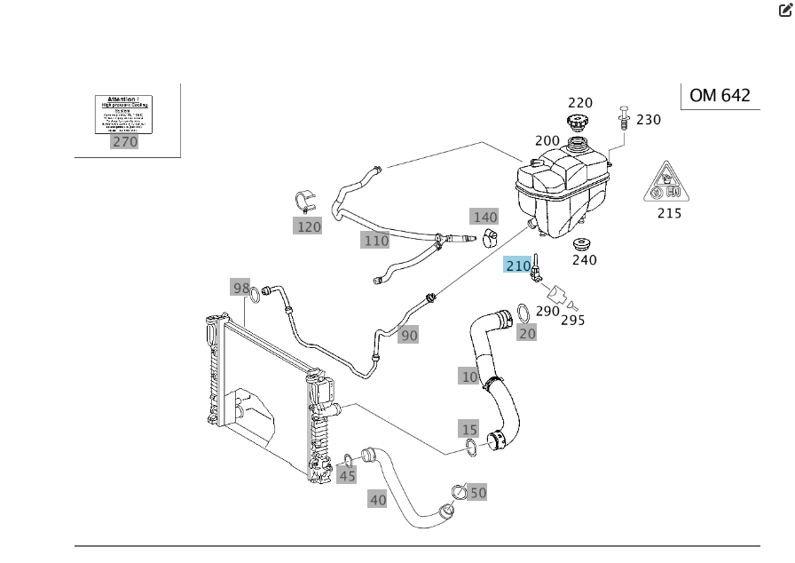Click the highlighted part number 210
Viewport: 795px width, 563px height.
point(516,266)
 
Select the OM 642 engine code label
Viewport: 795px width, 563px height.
point(720,96)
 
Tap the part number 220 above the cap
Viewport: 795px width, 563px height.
point(579,102)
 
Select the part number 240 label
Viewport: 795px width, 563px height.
point(584,260)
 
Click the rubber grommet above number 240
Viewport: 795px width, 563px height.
point(581,243)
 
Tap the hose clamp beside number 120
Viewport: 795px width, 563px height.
point(305,201)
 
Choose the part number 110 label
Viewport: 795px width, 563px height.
point(375,240)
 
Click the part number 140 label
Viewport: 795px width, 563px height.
point(484,217)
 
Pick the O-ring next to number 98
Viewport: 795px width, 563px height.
point(256,295)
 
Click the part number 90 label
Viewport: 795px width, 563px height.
point(408,335)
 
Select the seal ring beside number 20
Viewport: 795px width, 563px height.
point(523,313)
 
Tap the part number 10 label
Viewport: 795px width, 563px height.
point(469,377)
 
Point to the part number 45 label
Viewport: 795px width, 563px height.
point(347,476)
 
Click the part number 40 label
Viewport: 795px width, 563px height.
point(378,500)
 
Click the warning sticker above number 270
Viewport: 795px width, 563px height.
point(124,115)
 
